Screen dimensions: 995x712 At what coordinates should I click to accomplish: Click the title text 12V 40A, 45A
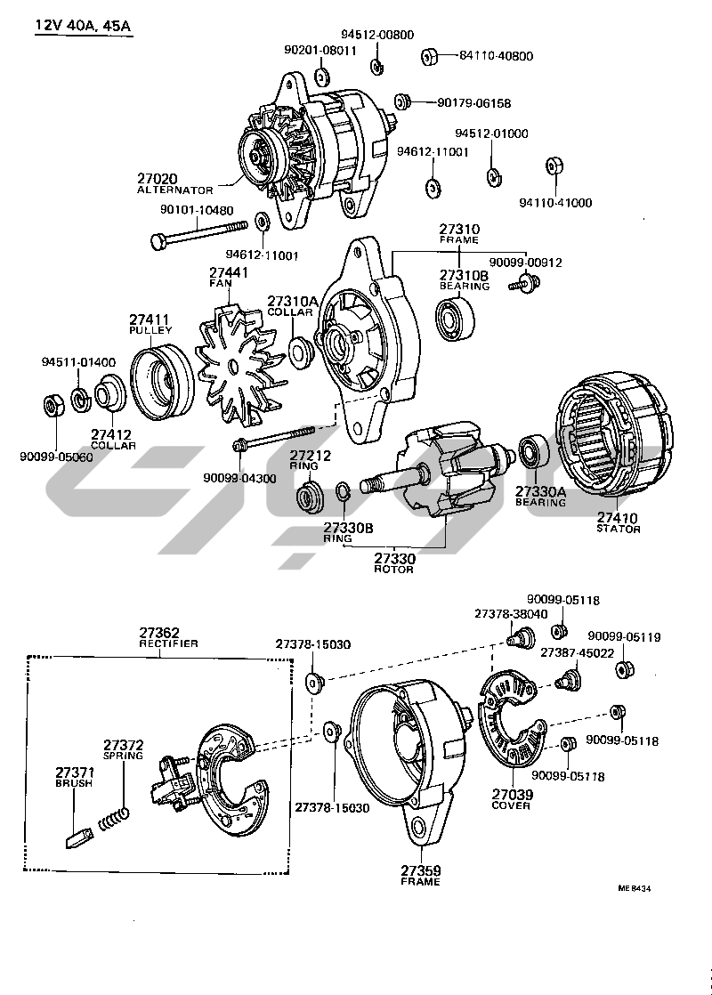pos(83,26)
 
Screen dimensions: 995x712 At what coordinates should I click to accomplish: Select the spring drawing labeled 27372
pos(116,818)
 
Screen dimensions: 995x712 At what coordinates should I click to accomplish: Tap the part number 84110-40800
pos(496,56)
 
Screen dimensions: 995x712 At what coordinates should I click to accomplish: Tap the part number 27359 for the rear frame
pos(420,870)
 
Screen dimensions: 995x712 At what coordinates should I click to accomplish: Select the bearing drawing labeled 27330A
pos(536,450)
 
